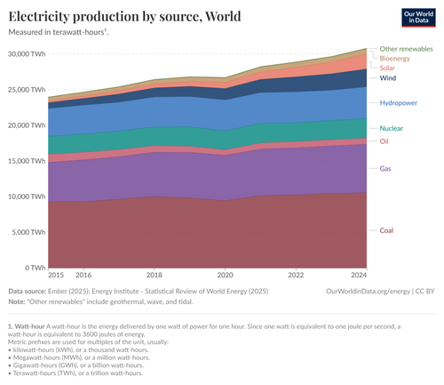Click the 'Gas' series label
385,168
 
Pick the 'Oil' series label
385,140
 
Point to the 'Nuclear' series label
392,128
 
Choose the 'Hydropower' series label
398,103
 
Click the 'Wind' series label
388,78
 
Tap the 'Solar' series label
387,68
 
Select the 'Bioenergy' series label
394,58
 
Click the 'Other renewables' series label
406,48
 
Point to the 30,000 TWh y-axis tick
26,53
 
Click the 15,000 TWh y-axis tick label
26,160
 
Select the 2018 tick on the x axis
154,276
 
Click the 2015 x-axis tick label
55,276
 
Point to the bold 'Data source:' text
28,291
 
